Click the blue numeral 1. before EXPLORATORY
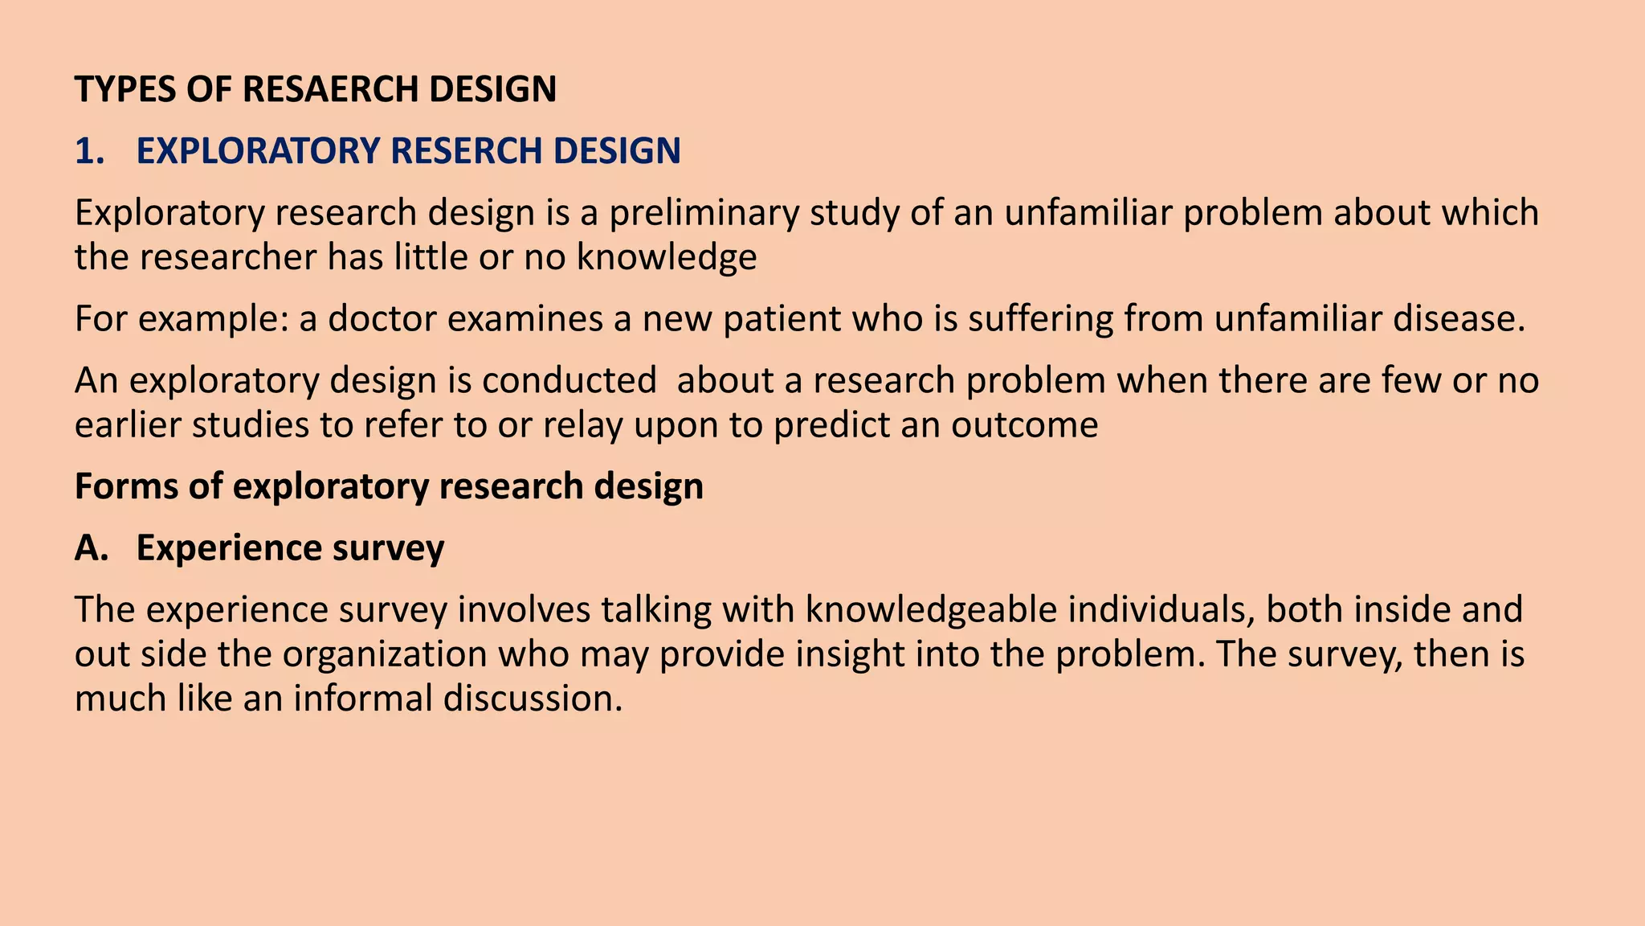(90, 151)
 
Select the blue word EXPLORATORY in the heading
(257, 151)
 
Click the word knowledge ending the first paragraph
(667, 258)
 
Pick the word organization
(385, 654)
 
